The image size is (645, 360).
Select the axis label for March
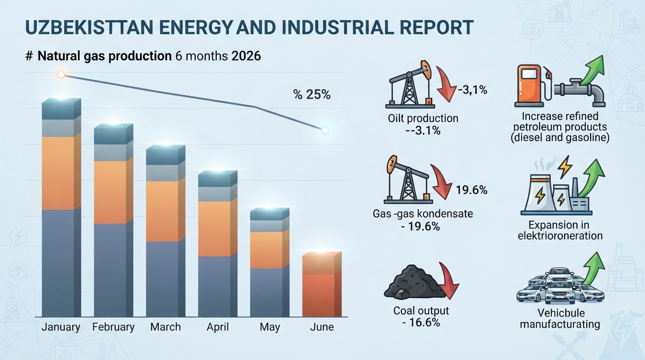[165, 327]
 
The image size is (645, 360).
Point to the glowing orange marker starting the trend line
[61, 75]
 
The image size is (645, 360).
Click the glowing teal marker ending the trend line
[325, 130]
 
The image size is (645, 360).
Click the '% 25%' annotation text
[312, 95]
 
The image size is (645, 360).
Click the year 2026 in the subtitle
[246, 56]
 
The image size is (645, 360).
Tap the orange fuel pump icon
[529, 84]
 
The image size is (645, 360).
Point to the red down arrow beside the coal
[448, 281]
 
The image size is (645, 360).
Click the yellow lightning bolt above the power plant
[565, 167]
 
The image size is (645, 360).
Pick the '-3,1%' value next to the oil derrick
[472, 90]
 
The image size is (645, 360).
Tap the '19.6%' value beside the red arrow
[472, 190]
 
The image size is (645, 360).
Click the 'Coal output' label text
[421, 311]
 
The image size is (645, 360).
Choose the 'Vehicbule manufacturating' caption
[560, 319]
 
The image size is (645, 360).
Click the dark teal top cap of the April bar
[217, 179]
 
